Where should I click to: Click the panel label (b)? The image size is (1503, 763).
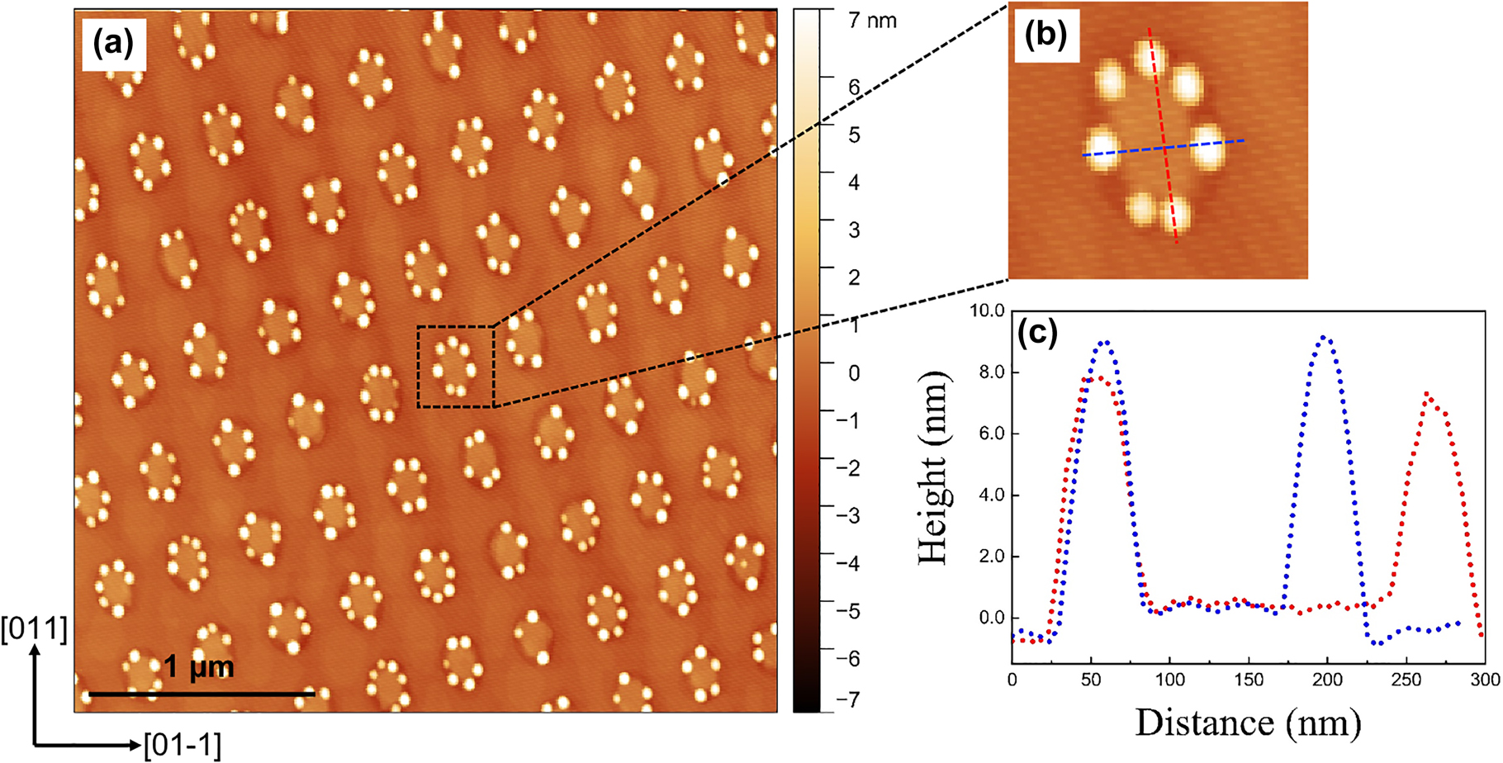click(1045, 36)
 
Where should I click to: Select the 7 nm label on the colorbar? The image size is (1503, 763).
click(872, 20)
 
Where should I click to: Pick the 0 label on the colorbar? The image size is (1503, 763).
click(855, 373)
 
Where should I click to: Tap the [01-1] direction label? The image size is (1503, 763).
click(183, 745)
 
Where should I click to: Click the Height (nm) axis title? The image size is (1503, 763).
click(934, 468)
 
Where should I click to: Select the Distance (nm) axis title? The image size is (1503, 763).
click(1247, 723)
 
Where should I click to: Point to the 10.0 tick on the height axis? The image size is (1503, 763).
click(987, 311)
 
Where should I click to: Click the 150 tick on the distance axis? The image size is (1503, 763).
click(1249, 680)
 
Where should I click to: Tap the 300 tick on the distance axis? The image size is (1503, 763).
click(1484, 680)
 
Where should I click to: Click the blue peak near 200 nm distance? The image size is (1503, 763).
click(1325, 338)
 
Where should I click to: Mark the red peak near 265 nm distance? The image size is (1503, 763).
click(1427, 394)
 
